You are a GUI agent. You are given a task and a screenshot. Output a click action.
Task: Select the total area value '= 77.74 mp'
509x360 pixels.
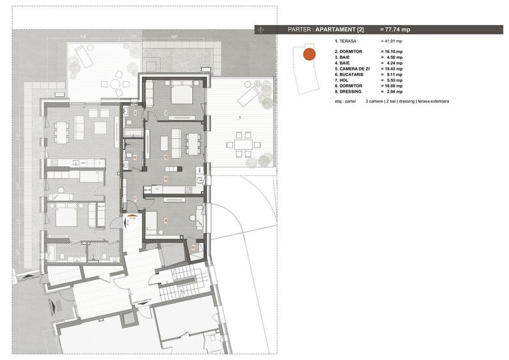396,29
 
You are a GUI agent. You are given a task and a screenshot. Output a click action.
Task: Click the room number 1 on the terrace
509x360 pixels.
239,118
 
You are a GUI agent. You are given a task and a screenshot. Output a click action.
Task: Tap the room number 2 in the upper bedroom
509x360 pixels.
166,113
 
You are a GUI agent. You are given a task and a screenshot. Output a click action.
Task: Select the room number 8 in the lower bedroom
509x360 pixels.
166,221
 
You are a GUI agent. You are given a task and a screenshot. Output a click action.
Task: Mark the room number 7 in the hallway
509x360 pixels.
135,200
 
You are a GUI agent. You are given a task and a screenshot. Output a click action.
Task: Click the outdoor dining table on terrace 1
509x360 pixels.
242,145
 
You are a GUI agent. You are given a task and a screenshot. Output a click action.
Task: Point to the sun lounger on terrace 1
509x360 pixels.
247,96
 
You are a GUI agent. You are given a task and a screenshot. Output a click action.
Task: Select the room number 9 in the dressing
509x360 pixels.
193,247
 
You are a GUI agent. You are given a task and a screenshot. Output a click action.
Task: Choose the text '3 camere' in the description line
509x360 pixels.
375,102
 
